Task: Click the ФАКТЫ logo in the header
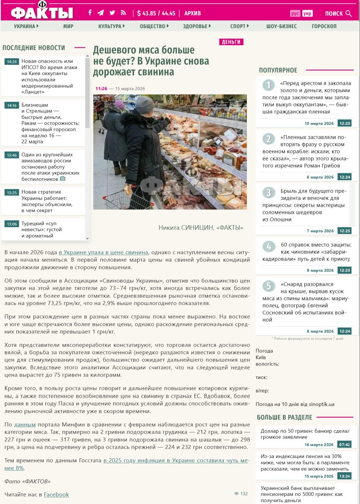click(42, 12)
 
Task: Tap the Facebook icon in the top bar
click(90, 13)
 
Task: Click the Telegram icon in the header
click(101, 13)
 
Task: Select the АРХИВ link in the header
click(192, 13)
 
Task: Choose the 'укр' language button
click(307, 13)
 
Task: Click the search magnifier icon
click(349, 13)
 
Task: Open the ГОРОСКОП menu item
click(324, 26)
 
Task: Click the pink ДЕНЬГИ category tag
click(231, 42)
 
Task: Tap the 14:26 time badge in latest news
click(12, 62)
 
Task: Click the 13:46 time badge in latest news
click(12, 155)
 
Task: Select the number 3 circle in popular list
click(269, 193)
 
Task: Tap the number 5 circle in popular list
click(269, 286)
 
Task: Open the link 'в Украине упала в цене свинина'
click(103, 252)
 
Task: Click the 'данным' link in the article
click(25, 425)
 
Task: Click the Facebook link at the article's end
click(56, 494)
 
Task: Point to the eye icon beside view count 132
click(236, 494)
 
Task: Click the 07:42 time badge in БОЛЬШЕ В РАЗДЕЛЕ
click(344, 445)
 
